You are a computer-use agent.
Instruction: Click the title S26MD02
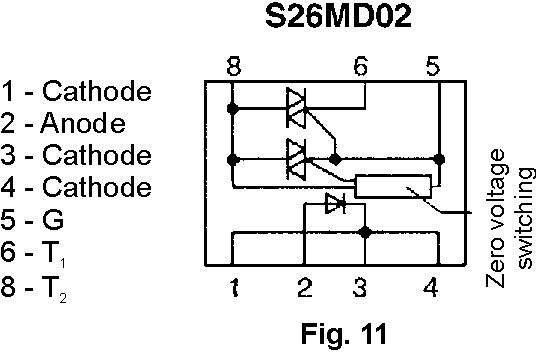[338, 16]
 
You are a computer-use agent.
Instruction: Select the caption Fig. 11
[344, 333]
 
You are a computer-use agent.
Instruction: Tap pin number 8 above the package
[234, 66]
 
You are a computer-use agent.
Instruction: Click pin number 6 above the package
[361, 66]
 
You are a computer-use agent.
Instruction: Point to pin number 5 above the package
[433, 66]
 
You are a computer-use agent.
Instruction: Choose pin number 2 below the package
[305, 287]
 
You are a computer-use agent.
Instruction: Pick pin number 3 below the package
[360, 287]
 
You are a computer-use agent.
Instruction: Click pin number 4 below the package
[431, 287]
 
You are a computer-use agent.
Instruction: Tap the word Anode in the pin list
[83, 123]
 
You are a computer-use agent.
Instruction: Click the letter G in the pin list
[53, 219]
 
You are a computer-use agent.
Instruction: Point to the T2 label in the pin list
[54, 289]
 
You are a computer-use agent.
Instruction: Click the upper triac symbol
[296, 108]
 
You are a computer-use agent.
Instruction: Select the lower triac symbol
[296, 159]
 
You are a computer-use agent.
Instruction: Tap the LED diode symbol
[336, 204]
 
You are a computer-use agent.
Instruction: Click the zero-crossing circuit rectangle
[393, 186]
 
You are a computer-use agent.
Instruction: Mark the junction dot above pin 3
[365, 232]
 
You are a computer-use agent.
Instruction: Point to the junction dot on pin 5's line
[439, 159]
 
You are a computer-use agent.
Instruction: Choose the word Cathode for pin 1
[97, 91]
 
